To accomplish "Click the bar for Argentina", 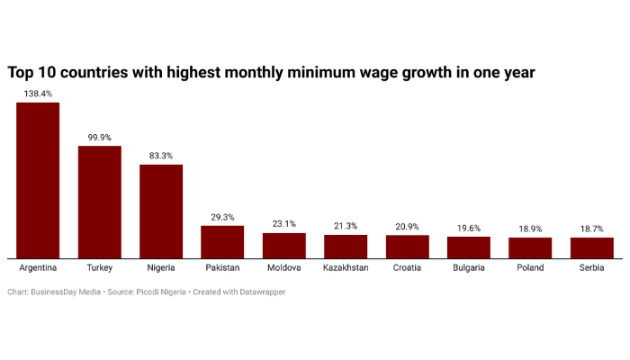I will click(x=38, y=180).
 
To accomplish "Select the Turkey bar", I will click(x=99, y=202).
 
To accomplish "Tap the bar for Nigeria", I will click(x=161, y=211).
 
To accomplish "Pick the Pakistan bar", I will click(x=222, y=240).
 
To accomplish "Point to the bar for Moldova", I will click(x=284, y=245).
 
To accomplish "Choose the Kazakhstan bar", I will click(x=346, y=247).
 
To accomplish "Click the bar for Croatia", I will click(x=408, y=247).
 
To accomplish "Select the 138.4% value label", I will click(x=38, y=94).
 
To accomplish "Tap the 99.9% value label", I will click(x=99, y=138).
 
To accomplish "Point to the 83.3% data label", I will click(x=161, y=156).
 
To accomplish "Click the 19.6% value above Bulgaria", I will click(x=469, y=229).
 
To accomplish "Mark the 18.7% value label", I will click(x=592, y=229).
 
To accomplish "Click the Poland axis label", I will click(x=530, y=268).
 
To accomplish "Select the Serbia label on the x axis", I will click(x=592, y=268).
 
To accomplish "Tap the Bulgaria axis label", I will click(x=469, y=268).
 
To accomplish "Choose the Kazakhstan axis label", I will click(x=346, y=268).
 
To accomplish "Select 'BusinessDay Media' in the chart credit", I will click(x=67, y=292).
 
